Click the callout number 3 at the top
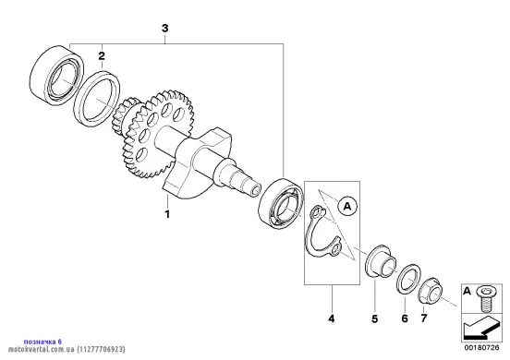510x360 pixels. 164,29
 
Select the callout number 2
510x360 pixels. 102,56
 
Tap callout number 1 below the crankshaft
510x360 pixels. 167,214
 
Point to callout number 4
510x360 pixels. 331,318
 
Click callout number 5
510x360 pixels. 375,319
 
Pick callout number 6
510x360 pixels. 405,318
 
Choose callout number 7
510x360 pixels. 423,318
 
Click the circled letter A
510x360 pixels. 347,206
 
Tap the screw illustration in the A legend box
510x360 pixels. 485,298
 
